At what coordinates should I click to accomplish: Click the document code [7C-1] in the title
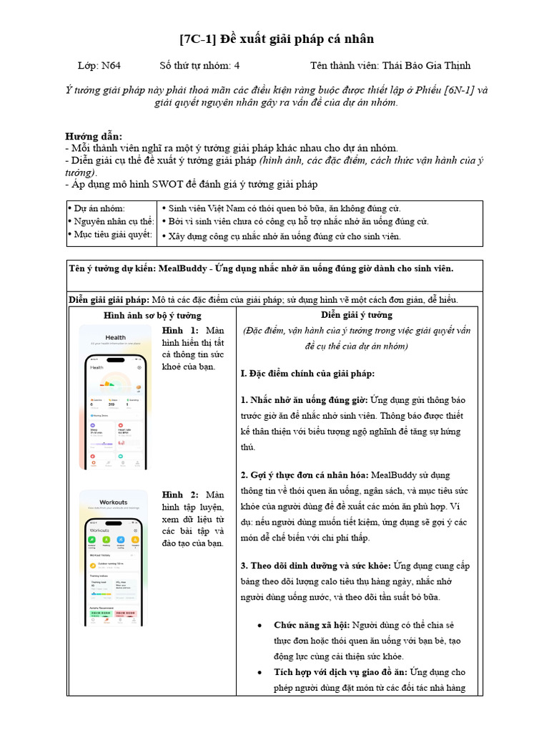(x=197, y=39)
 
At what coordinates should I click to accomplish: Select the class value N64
(x=111, y=66)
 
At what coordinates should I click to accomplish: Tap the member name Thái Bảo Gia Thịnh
(x=427, y=66)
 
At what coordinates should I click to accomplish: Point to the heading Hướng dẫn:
(x=94, y=136)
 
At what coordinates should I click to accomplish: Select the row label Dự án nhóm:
(x=99, y=208)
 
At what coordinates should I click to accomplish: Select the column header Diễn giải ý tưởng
(x=356, y=315)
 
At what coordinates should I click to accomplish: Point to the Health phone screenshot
(x=116, y=397)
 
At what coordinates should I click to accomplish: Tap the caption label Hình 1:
(x=180, y=331)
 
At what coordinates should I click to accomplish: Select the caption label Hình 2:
(x=180, y=495)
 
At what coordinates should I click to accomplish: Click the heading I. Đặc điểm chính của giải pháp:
(x=307, y=374)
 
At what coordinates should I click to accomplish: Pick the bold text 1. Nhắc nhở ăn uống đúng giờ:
(x=305, y=400)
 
